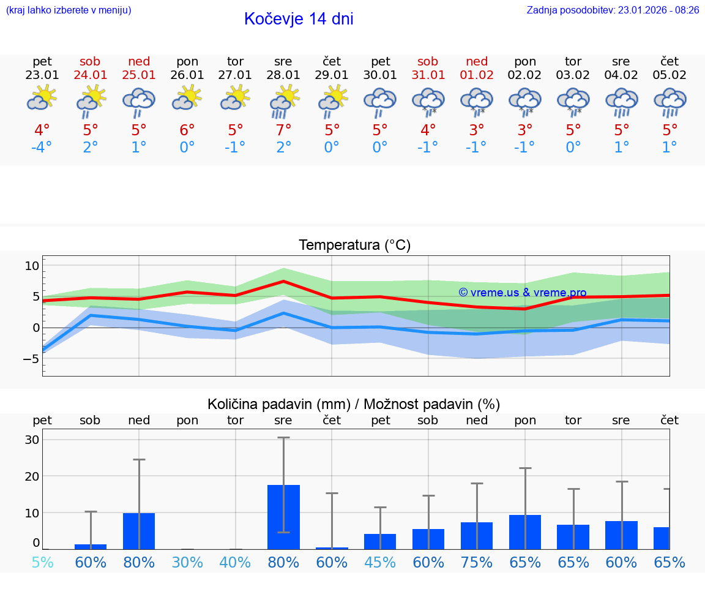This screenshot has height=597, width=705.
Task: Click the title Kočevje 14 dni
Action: (x=299, y=19)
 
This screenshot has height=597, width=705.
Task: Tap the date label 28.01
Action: (x=283, y=75)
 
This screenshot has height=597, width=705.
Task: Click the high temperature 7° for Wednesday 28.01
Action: (x=283, y=130)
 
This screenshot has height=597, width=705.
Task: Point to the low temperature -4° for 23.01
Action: (x=42, y=148)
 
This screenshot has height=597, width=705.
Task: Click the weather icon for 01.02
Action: (x=476, y=102)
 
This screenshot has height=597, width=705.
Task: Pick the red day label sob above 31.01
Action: (x=428, y=61)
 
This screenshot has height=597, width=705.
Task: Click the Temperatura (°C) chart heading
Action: (x=354, y=245)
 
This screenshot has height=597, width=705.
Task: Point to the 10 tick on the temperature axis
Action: (x=32, y=266)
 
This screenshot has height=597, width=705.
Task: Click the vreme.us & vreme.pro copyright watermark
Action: (x=522, y=293)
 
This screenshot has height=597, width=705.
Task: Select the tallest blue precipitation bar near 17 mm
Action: (x=283, y=517)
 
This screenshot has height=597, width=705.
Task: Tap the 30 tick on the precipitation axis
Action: (x=32, y=440)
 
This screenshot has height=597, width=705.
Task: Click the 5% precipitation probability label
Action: (x=42, y=562)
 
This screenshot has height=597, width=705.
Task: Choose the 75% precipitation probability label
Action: (x=476, y=562)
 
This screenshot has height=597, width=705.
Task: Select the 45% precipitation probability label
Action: (x=380, y=562)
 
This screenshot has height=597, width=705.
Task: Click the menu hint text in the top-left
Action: (x=69, y=10)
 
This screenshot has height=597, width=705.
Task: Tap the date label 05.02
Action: (x=670, y=75)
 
